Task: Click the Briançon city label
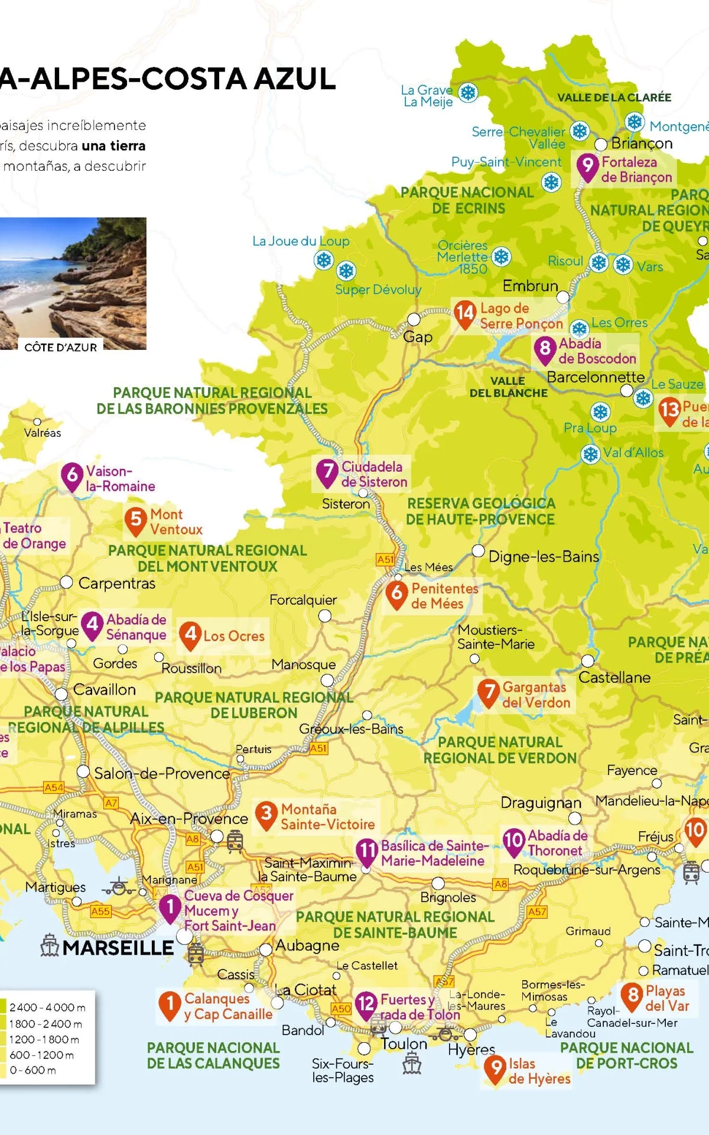pyautogui.click(x=642, y=144)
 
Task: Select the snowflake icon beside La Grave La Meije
pyautogui.click(x=468, y=93)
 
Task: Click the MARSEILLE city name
pyautogui.click(x=118, y=948)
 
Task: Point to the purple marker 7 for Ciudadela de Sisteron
pyautogui.click(x=327, y=471)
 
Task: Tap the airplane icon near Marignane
pyautogui.click(x=118, y=887)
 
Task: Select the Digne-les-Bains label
pyautogui.click(x=544, y=556)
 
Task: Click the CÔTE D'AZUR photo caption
pyautogui.click(x=60, y=348)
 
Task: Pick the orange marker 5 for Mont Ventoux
pyautogui.click(x=136, y=520)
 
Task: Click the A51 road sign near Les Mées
pyautogui.click(x=385, y=559)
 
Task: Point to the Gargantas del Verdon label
pyautogui.click(x=536, y=695)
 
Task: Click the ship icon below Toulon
pyautogui.click(x=412, y=1064)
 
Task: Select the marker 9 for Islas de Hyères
pyautogui.click(x=495, y=1068)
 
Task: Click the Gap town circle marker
pyautogui.click(x=414, y=320)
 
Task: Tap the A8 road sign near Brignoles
pyautogui.click(x=500, y=884)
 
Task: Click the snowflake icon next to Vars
pyautogui.click(x=623, y=264)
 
